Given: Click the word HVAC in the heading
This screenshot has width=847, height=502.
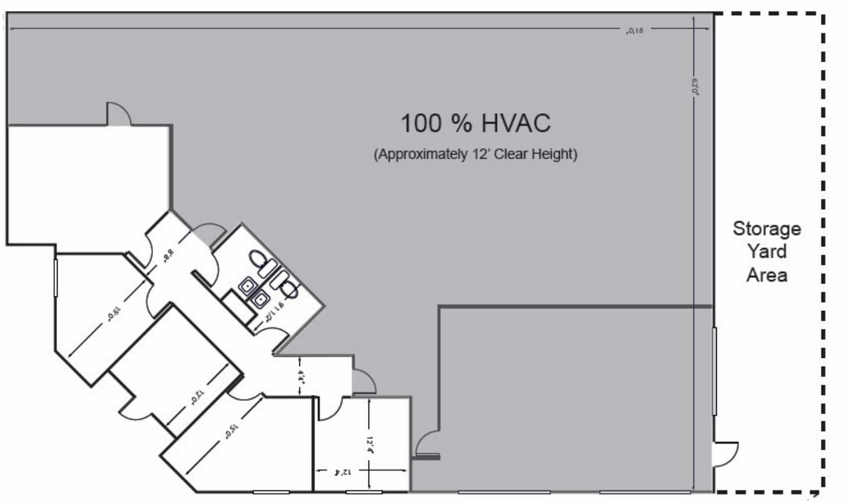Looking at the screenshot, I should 516,123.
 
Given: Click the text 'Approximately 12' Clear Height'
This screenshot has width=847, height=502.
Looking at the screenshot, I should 475,155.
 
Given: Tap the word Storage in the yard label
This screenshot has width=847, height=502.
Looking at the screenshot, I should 766,228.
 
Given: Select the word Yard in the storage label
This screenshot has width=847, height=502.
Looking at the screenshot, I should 766,252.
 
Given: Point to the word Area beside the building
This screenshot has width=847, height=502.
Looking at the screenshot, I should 766,275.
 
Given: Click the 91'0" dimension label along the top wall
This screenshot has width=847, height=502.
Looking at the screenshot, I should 635,31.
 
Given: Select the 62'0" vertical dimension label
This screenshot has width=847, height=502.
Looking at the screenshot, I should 694,87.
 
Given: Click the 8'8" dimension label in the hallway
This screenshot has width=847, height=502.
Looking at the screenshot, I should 169,254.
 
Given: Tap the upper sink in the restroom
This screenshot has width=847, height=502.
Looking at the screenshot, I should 247,286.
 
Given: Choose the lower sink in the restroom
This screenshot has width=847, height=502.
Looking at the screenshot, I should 260,300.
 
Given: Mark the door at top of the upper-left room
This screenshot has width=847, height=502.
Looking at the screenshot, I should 118,114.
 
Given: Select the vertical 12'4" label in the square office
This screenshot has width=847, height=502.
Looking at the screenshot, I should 369,444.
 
